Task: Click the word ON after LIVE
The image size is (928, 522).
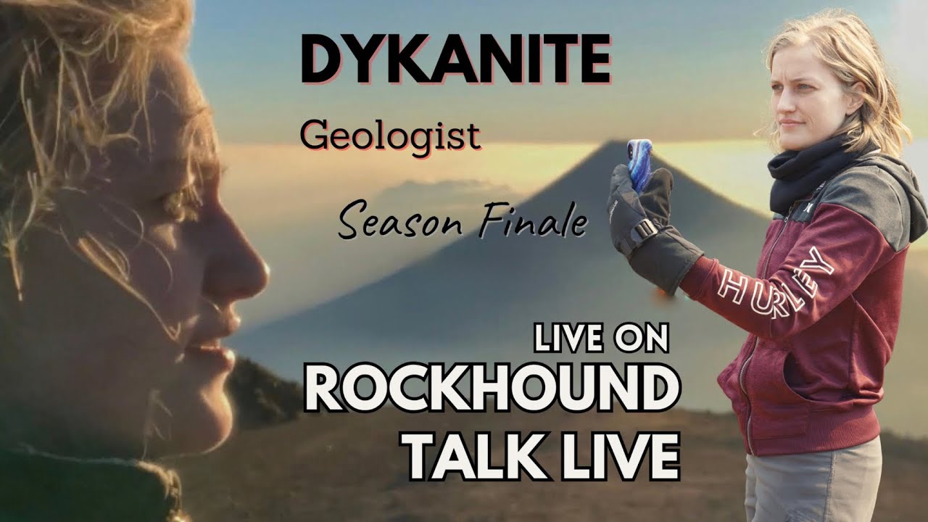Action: [x=640, y=339]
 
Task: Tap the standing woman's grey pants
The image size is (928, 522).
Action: [x=812, y=485]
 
